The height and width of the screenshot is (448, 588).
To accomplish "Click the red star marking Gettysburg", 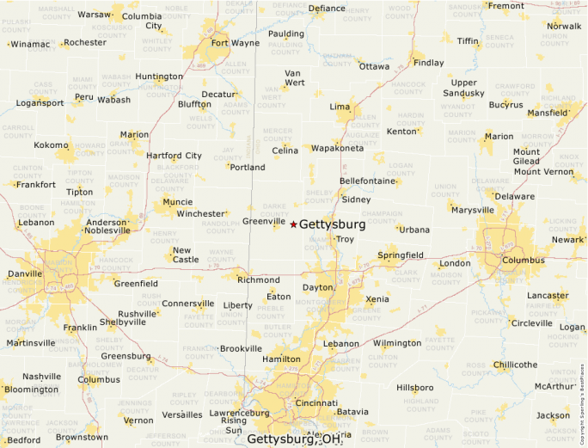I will point(293,224).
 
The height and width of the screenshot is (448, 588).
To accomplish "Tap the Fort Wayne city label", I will point(235,43).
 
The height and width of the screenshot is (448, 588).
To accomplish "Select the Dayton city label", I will point(317,287).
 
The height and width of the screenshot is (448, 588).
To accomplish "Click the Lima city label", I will point(340,106).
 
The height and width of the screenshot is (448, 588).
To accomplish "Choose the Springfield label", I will point(401,255).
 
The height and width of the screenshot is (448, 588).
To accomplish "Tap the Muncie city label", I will point(177,203).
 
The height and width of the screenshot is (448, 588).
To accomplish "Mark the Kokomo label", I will point(50,145).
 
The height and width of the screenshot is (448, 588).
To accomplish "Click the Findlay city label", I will point(429,63).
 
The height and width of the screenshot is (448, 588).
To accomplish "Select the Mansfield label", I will point(547,113).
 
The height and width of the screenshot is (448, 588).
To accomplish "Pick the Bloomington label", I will point(30,390).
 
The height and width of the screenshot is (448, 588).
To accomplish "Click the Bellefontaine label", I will point(367,181).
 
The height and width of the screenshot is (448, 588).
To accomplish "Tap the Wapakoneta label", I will point(337,148).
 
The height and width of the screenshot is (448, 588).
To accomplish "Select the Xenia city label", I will point(377,299).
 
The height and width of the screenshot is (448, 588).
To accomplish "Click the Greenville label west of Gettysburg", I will point(263,221).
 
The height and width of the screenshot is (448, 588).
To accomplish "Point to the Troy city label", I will point(345,239).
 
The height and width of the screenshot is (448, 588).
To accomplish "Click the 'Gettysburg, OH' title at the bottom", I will point(295,439).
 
